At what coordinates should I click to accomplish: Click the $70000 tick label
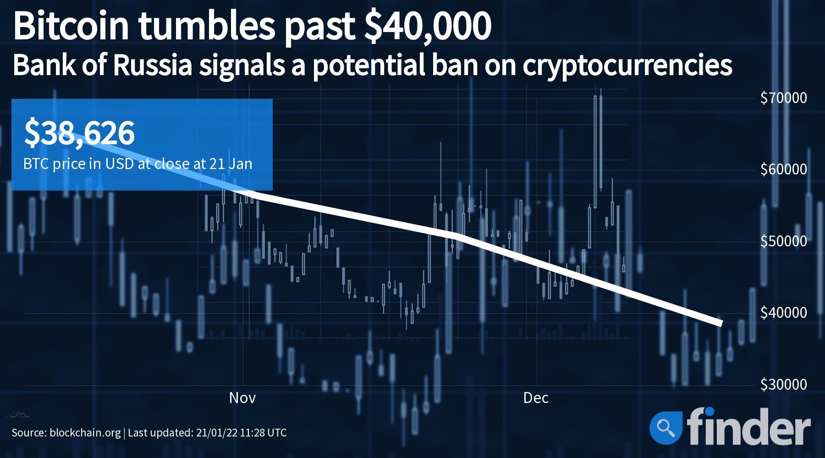click(x=783, y=98)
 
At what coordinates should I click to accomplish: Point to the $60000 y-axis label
click(x=783, y=169)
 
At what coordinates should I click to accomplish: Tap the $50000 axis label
click(x=783, y=241)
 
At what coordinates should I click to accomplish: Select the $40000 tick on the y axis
click(x=783, y=312)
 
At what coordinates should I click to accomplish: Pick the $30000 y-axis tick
click(x=783, y=384)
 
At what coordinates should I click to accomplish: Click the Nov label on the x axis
click(x=242, y=398)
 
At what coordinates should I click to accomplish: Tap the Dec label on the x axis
click(x=536, y=398)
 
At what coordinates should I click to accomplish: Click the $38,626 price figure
click(x=79, y=133)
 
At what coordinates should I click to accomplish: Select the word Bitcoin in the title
click(x=71, y=26)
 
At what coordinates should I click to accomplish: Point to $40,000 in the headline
click(x=427, y=26)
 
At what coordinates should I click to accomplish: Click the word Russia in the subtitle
click(x=152, y=65)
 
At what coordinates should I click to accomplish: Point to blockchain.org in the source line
click(x=85, y=433)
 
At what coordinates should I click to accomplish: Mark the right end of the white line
click(x=721, y=323)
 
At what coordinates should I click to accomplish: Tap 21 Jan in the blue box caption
click(x=231, y=164)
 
